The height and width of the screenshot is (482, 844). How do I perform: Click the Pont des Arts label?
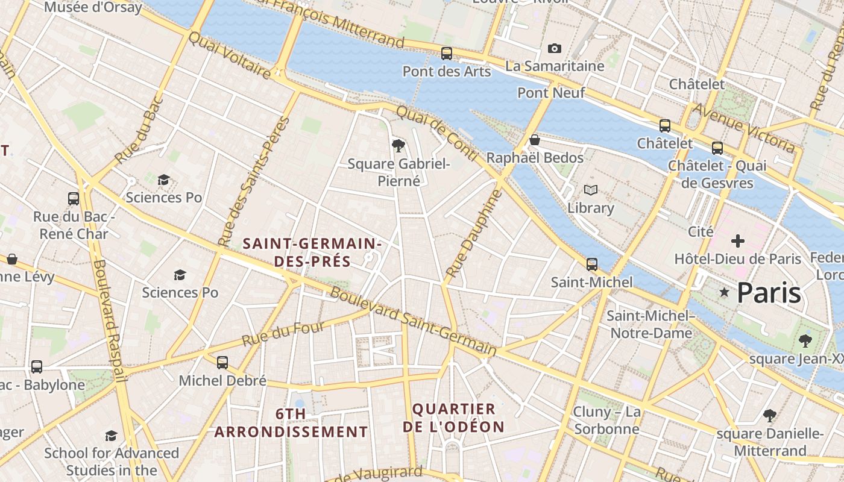pos(446,71)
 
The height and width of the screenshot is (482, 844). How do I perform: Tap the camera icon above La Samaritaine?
pos(554,49)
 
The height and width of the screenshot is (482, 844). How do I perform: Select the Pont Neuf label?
pos(551,93)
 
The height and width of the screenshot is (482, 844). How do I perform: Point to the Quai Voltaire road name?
pos(229,55)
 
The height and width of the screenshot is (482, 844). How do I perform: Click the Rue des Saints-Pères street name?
pos(253,181)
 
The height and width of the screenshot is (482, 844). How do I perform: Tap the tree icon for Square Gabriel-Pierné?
pos(398,145)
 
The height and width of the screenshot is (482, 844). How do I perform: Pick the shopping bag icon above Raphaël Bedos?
pos(534,140)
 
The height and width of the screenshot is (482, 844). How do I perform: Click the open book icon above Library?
pos(591,190)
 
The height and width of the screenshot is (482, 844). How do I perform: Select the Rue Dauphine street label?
pos(474,234)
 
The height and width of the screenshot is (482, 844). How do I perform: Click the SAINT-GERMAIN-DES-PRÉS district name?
pos(312,252)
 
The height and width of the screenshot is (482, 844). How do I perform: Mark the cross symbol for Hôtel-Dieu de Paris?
pos(737,242)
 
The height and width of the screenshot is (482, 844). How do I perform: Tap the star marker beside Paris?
pos(724,292)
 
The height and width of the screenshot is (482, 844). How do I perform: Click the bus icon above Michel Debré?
pos(222,362)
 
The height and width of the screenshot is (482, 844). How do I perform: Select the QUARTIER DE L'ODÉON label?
pos(458,418)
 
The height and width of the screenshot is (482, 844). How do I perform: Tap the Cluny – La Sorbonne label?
pos(606,421)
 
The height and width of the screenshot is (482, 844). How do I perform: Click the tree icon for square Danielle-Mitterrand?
pos(769,415)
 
